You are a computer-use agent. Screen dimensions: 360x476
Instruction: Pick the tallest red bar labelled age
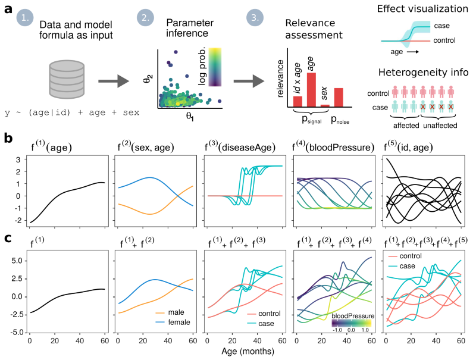pos(311,89)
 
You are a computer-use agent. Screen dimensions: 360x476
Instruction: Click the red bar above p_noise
pos(339,96)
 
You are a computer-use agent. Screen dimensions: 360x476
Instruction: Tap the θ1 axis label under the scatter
pos(191,118)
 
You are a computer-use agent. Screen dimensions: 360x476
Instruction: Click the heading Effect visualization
pos(426,9)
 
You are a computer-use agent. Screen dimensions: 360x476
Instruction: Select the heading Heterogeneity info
pos(426,73)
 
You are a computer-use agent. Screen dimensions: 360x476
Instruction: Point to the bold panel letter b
pos(9,137)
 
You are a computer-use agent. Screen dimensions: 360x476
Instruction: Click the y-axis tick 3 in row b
pos(18,159)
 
